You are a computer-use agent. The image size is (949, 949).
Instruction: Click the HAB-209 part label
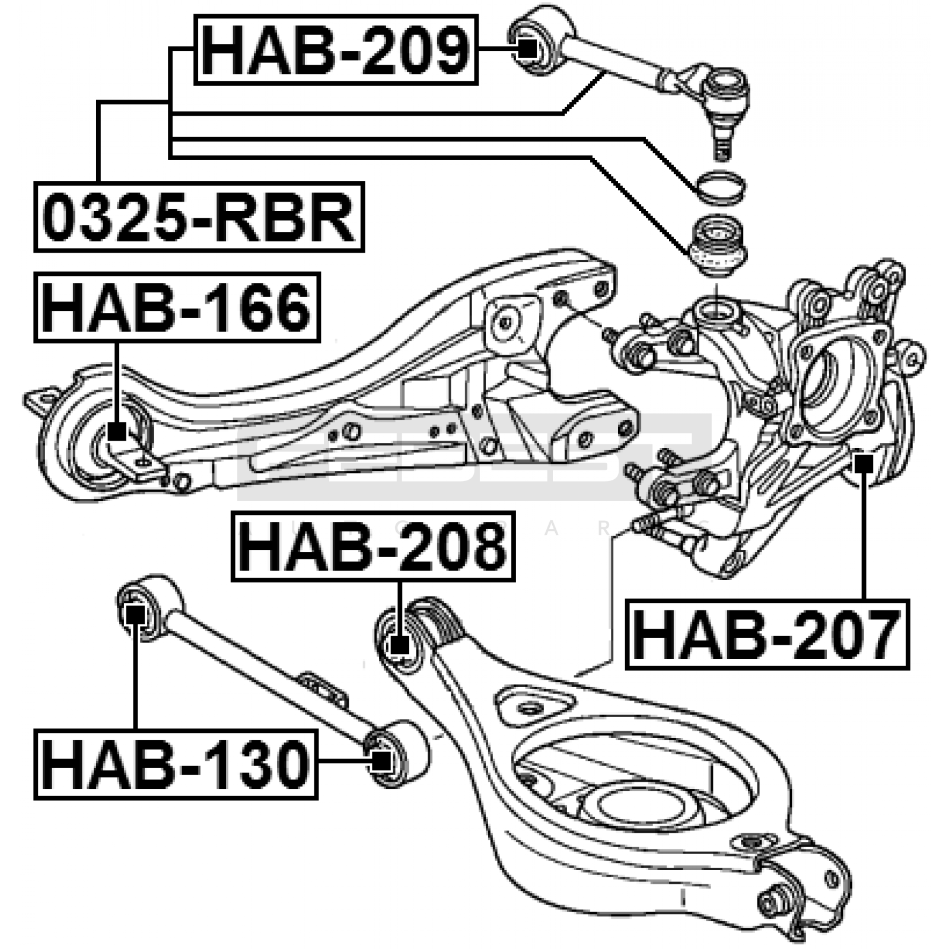click(x=336, y=50)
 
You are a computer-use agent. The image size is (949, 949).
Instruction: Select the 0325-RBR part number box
click(x=199, y=217)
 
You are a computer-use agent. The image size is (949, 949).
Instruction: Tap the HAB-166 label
click(x=177, y=307)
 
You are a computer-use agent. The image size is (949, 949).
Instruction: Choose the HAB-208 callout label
click(x=372, y=546)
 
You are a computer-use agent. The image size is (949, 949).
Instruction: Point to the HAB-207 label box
click(x=767, y=634)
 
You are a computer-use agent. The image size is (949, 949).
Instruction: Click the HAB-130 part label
click(x=176, y=765)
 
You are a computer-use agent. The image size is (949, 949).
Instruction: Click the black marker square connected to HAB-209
click(x=527, y=47)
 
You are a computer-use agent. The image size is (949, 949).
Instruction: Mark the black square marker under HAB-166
click(x=117, y=431)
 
